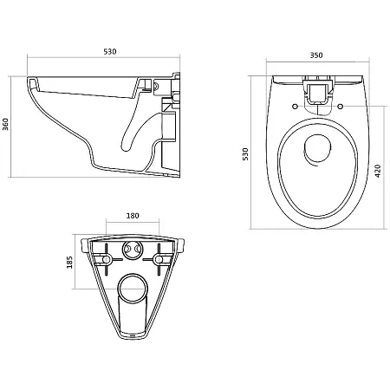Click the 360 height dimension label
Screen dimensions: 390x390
point(5,124)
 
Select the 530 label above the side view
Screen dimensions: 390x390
point(110,52)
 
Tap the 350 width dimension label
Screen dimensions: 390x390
point(316,55)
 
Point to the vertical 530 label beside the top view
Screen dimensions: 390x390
point(245,154)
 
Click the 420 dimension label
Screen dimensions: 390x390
point(378,171)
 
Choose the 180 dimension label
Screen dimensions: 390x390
point(133,216)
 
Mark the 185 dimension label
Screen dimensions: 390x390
point(69,263)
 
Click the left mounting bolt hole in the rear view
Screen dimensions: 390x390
point(106,259)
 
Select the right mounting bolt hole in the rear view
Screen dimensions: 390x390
point(159,259)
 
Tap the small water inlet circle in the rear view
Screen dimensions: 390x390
point(133,250)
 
